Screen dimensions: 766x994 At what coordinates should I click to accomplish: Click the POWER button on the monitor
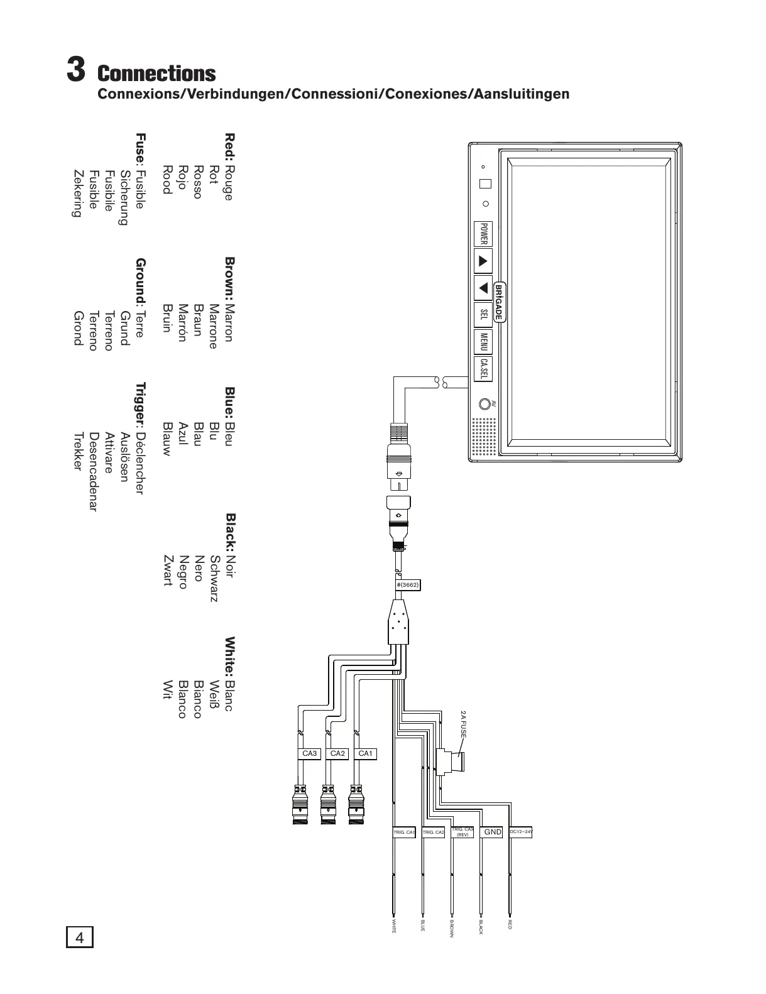click(x=483, y=233)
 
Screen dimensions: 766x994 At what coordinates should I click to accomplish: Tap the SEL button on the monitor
click(x=483, y=314)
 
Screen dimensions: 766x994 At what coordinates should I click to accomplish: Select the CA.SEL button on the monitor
click(x=483, y=369)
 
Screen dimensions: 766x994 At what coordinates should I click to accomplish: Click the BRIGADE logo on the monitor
click(x=498, y=302)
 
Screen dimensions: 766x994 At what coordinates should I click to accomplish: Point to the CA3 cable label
click(x=310, y=753)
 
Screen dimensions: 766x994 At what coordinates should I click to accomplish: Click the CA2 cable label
click(x=337, y=753)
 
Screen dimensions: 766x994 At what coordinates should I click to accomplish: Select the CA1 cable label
click(x=365, y=753)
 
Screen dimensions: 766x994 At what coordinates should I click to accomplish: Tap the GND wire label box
click(x=492, y=832)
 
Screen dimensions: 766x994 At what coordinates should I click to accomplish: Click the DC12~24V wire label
click(x=521, y=832)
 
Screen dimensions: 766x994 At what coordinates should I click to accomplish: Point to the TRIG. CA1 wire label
click(x=404, y=833)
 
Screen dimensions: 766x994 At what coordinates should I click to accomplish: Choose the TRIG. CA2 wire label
click(x=434, y=833)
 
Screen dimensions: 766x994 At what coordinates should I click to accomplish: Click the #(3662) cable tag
click(x=407, y=584)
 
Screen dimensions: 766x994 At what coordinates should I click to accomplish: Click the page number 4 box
click(x=79, y=938)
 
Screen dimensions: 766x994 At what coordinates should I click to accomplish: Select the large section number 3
click(x=76, y=69)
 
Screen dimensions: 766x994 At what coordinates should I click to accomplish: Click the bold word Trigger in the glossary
click(x=141, y=403)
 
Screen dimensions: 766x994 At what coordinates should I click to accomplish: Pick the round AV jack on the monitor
click(x=484, y=404)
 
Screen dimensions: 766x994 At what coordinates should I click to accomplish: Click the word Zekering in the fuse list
click(x=77, y=193)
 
